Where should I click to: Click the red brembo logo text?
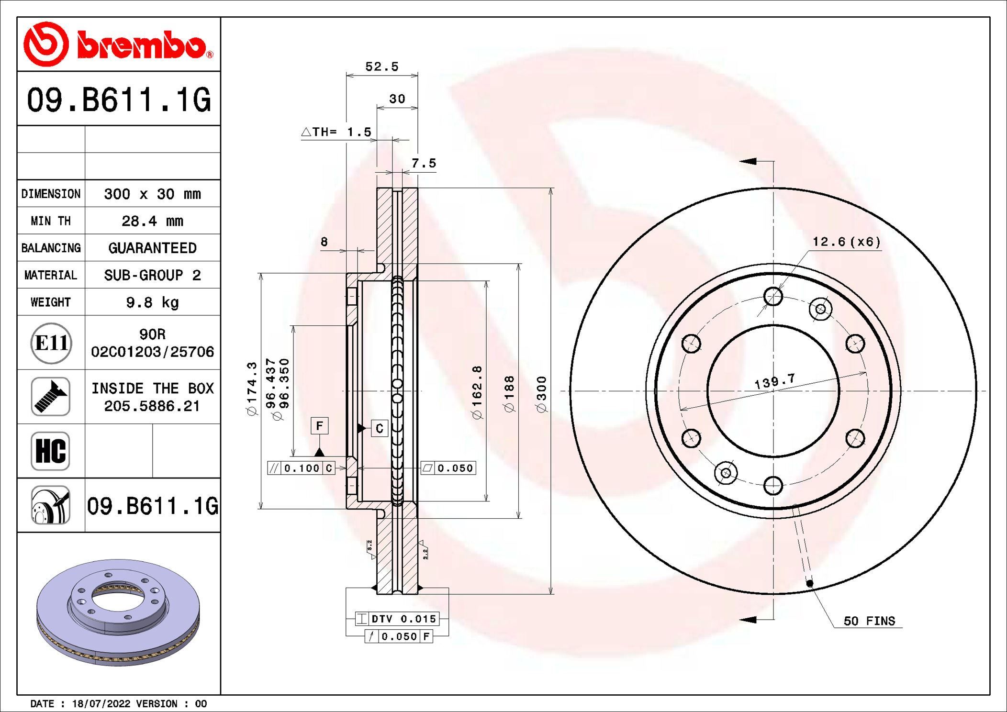pyautogui.click(x=142, y=46)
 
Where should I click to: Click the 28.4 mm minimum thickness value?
pyautogui.click(x=152, y=221)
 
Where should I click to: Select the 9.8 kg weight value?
pyautogui.click(x=152, y=302)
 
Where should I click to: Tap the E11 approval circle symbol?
pyautogui.click(x=51, y=343)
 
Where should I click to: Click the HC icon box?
pyautogui.click(x=50, y=451)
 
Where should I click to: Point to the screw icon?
pyautogui.click(x=50, y=397)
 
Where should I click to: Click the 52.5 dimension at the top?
pyautogui.click(x=381, y=67)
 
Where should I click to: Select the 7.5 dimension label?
pyautogui.click(x=424, y=164)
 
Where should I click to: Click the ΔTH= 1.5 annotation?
pyautogui.click(x=336, y=132)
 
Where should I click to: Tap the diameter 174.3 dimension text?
pyautogui.click(x=252, y=388)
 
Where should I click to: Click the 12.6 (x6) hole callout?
pyautogui.click(x=846, y=242)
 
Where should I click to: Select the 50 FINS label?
pyautogui.click(x=869, y=621)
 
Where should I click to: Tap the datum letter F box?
pyautogui.click(x=319, y=425)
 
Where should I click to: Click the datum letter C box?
pyautogui.click(x=380, y=428)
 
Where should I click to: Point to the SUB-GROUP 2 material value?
pyautogui.click(x=152, y=275)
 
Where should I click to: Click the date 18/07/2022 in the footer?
pyautogui.click(x=101, y=704)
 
